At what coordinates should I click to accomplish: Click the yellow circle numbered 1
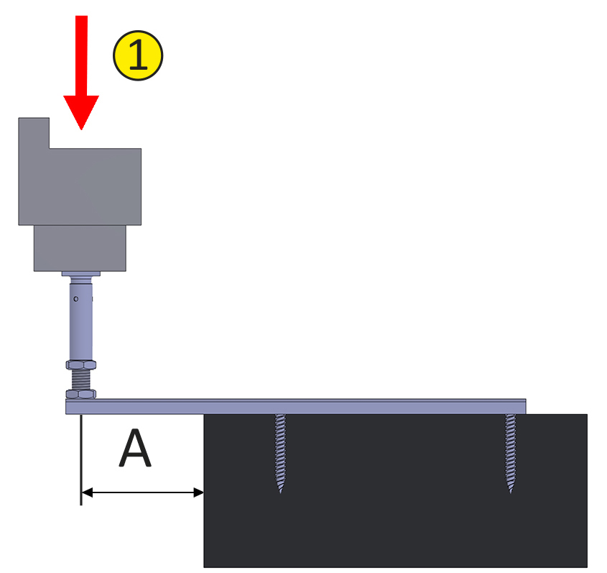point(138,55)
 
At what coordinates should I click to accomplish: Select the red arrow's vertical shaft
point(81,56)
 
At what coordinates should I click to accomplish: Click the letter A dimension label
point(135,448)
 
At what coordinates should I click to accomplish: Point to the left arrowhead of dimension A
point(87,492)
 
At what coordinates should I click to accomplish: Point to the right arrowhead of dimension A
point(198,492)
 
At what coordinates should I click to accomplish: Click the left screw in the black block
point(280,453)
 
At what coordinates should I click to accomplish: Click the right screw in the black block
point(511,453)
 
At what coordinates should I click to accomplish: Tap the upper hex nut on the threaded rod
point(81,365)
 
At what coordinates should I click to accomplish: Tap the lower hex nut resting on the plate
point(81,394)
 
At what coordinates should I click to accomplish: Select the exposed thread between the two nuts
point(81,380)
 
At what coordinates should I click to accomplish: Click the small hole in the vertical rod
point(76,298)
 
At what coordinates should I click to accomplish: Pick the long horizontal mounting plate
point(296,406)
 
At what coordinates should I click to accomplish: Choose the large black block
point(396,491)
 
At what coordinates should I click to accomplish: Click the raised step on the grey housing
point(34,133)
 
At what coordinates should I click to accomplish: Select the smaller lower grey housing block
point(80,248)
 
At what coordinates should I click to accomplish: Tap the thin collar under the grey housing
point(81,273)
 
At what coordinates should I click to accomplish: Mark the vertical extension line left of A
point(81,460)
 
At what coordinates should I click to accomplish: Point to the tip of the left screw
point(280,492)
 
